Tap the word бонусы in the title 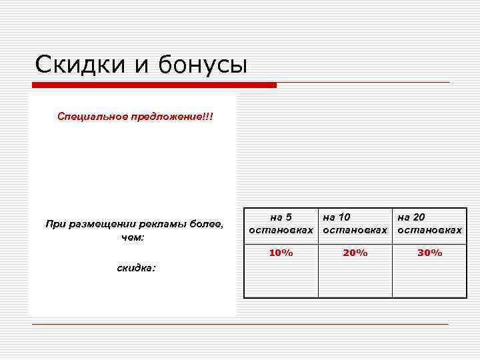coord(203,65)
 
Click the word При coord(55,224)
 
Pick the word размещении coord(101,224)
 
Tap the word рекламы coord(163,224)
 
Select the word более coord(207,224)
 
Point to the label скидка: coord(136,268)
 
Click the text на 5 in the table coord(281,217)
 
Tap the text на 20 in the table coord(411,217)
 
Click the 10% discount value coord(281,253)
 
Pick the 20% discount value coord(355,253)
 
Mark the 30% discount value coord(429,253)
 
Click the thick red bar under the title coord(154,85)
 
